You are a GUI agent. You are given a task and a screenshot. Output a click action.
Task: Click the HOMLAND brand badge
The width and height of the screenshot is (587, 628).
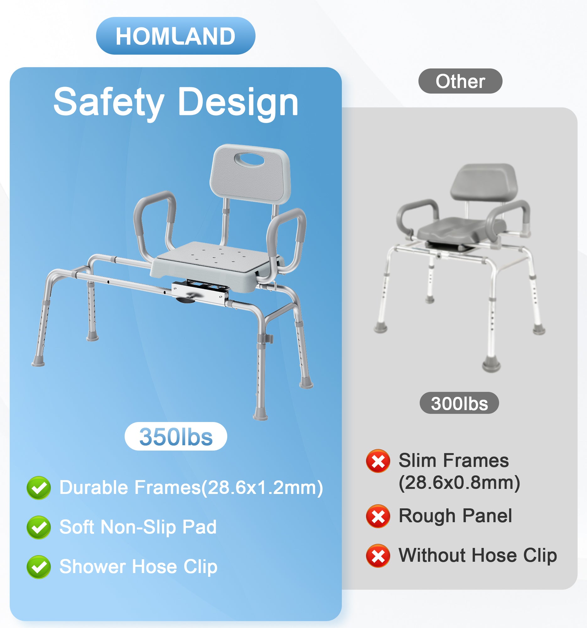(x=175, y=36)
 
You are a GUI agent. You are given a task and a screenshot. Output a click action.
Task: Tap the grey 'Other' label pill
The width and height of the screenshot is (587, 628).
(x=460, y=81)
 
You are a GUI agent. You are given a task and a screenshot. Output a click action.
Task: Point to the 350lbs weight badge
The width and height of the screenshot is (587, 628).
(x=176, y=436)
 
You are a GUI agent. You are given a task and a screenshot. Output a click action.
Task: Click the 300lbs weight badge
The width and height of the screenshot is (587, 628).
(x=459, y=403)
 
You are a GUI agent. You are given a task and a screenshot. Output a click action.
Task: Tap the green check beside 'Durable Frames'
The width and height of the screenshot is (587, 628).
(x=39, y=488)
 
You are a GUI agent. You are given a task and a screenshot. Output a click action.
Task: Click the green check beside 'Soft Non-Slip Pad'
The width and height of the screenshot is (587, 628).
(x=39, y=527)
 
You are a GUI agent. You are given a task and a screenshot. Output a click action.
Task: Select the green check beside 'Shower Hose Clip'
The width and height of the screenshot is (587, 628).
(x=39, y=567)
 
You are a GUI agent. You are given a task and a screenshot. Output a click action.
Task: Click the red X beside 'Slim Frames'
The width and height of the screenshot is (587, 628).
(x=378, y=461)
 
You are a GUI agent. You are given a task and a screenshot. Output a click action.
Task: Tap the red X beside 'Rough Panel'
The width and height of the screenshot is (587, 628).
(x=378, y=516)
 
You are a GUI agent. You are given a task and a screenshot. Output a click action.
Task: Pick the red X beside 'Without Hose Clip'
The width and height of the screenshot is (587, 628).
(x=378, y=556)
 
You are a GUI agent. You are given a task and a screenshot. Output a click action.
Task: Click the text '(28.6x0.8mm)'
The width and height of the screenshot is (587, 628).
(x=459, y=483)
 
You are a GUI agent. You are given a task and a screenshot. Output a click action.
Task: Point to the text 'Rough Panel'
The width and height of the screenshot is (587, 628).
(x=455, y=516)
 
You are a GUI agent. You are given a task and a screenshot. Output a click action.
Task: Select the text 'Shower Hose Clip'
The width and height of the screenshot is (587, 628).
(x=138, y=566)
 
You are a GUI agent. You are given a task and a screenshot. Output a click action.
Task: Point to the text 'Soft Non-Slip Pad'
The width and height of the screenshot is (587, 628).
(x=138, y=527)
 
